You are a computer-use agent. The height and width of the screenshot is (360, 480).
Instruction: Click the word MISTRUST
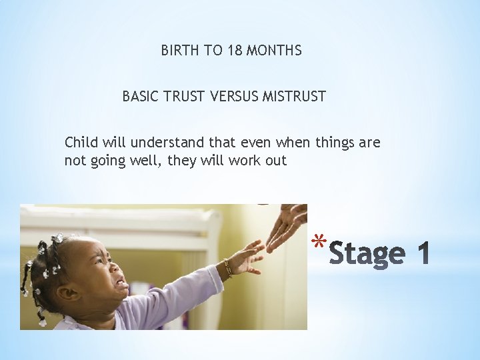coord(294,97)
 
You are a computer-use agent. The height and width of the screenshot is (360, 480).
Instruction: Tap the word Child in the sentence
coord(81,142)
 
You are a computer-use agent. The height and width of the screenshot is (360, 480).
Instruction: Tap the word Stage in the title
coord(367,254)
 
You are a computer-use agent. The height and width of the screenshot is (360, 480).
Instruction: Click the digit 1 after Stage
coord(422,254)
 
